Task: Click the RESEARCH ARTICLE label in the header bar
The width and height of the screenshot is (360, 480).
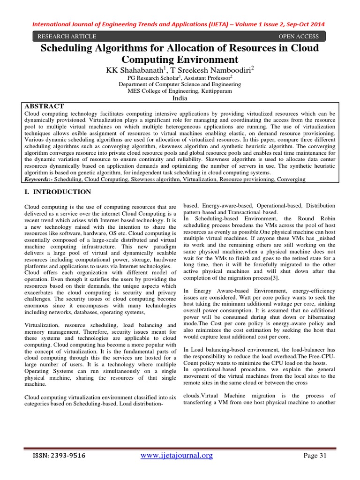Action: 67,37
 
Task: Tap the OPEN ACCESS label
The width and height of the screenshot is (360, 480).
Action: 298,37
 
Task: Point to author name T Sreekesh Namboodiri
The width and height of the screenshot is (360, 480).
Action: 215,70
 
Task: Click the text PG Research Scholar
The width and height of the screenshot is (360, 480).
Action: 153,78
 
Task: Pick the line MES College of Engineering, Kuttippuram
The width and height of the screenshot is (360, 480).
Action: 180,91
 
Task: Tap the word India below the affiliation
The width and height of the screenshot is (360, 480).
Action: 180,98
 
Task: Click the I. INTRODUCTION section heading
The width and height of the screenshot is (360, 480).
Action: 57,192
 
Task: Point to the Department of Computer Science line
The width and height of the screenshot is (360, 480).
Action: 180,85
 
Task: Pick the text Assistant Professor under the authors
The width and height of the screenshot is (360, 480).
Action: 205,78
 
